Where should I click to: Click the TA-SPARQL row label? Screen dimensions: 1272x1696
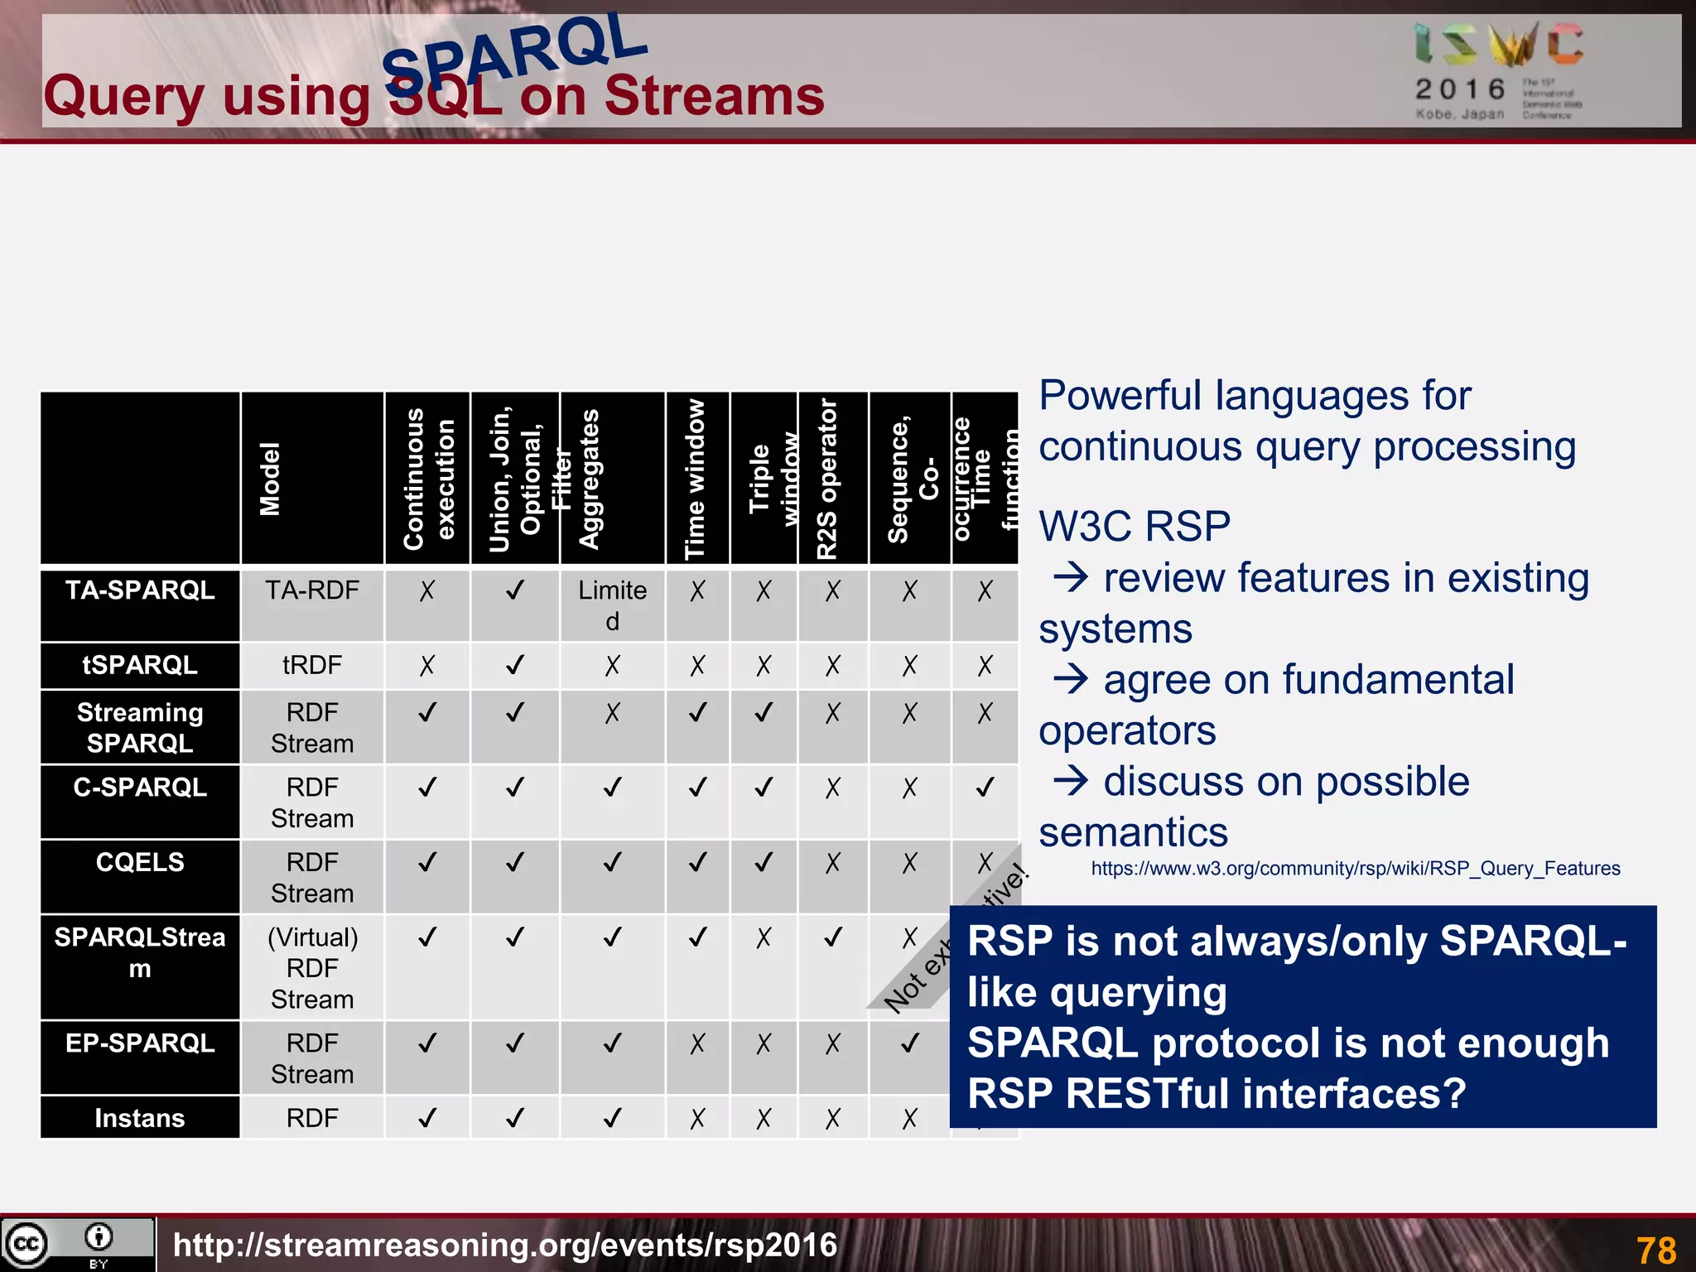tap(140, 590)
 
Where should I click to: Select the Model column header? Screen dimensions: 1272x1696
tap(270, 479)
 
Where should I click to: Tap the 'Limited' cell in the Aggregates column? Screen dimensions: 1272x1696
tap(612, 605)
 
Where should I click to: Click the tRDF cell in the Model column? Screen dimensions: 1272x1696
tap(311, 665)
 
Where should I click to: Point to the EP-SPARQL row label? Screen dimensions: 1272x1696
tap(140, 1043)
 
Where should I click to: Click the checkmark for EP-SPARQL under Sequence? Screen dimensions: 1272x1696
tap(909, 1043)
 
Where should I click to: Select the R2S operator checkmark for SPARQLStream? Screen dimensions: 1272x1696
tap(832, 937)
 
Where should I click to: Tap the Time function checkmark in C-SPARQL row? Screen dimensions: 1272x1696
tap(984, 788)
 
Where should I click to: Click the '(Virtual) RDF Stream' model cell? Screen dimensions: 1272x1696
tap(312, 967)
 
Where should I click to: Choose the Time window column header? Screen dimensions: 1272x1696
tap(696, 479)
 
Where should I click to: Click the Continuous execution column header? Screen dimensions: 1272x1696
tap(427, 479)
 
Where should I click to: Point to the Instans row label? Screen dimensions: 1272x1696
tap(140, 1118)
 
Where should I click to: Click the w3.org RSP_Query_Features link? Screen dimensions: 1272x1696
tap(1355, 869)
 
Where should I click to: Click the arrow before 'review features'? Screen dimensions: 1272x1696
tap(1071, 576)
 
